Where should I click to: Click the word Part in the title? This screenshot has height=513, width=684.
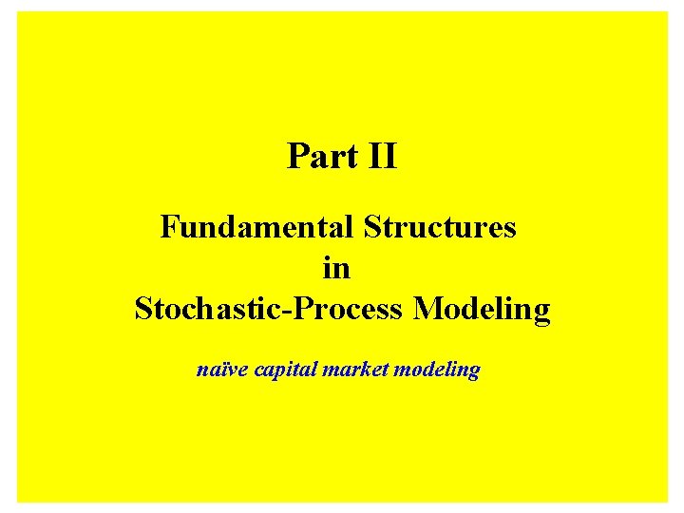[x=319, y=156]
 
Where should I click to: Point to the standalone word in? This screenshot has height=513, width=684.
[x=336, y=269]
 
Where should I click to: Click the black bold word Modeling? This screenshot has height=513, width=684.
[x=482, y=310]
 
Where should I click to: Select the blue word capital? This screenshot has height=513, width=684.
[x=286, y=370]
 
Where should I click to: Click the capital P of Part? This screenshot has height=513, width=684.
[x=296, y=156]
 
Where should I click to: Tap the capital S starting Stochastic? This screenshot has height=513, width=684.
[x=143, y=310]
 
